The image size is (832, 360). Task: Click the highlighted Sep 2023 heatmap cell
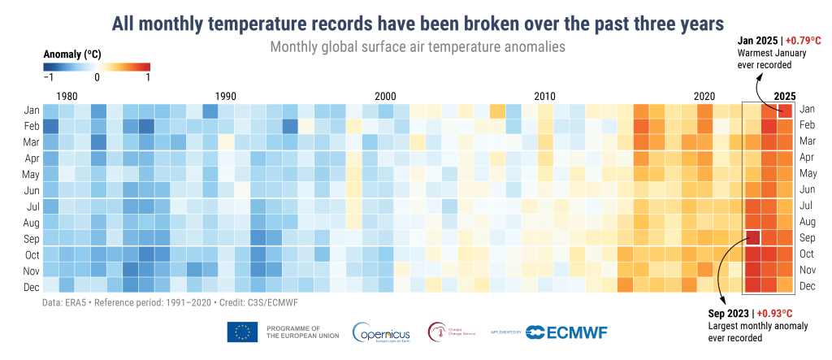[752, 238]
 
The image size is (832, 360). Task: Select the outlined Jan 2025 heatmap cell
[785, 109]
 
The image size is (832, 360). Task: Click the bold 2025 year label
[786, 96]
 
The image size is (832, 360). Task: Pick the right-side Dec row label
[808, 286]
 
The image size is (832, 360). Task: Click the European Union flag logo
[242, 332]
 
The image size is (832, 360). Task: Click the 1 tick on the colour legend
[148, 78]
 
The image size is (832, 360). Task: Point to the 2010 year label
[545, 96]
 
